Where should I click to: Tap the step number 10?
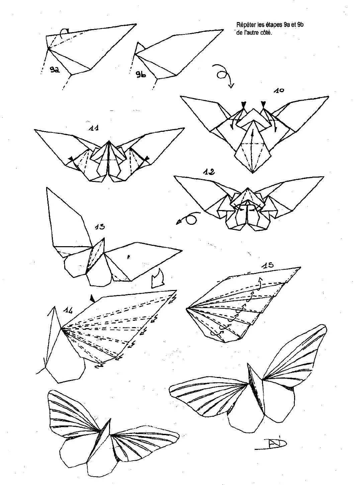point(279,90)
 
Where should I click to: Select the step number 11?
point(93,127)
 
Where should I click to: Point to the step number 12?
point(209,172)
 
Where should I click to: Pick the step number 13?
point(99,226)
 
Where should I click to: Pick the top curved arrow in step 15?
point(260,283)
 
